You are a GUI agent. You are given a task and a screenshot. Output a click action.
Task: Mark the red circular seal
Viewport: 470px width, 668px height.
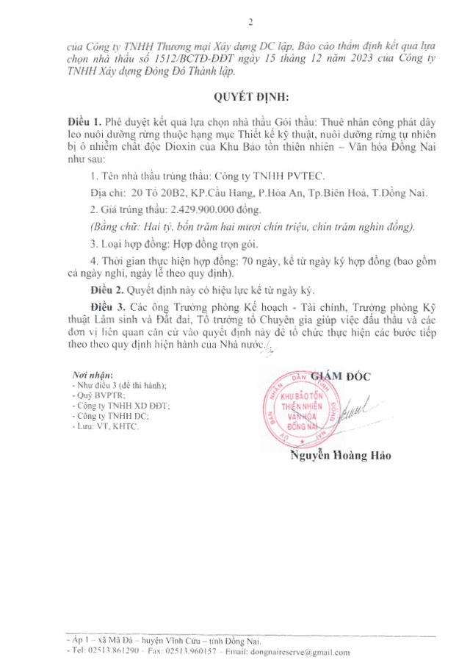(x=297, y=413)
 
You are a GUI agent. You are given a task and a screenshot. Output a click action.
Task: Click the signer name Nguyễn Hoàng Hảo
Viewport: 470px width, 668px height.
(x=340, y=456)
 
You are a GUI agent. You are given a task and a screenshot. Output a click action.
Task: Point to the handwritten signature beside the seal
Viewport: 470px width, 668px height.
(x=359, y=408)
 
